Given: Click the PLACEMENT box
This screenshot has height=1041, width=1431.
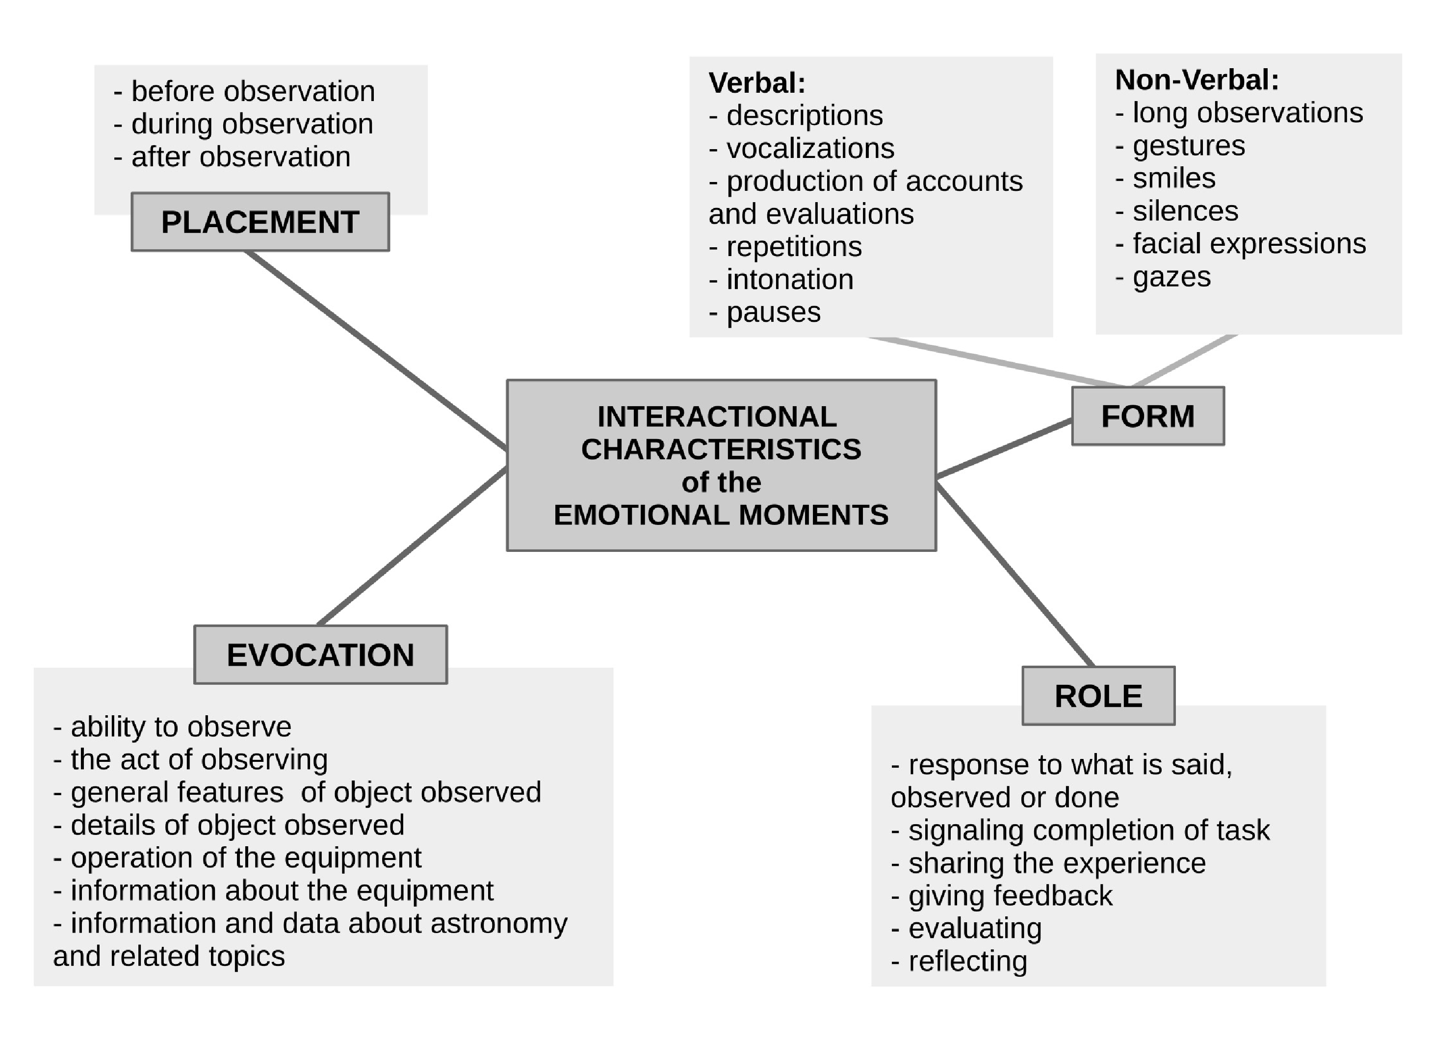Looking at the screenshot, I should tap(260, 222).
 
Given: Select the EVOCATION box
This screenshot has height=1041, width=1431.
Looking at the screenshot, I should tap(320, 655).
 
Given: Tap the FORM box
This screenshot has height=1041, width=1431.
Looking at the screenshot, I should tap(1148, 416).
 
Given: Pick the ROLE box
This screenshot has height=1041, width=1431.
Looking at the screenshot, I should tap(1098, 696).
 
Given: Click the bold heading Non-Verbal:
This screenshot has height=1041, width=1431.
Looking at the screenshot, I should tap(1197, 80).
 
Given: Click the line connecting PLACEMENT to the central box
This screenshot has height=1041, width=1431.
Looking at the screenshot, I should tap(376, 350).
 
